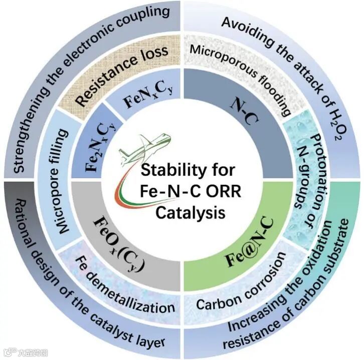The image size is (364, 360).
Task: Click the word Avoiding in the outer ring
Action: point(245,25)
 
